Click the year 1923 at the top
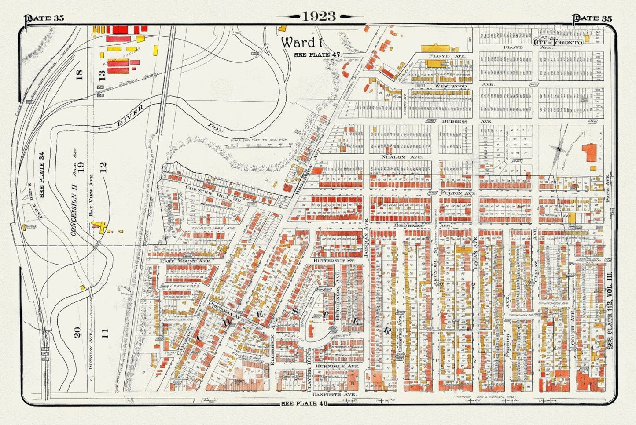pyautogui.click(x=319, y=16)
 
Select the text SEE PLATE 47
pyautogui.click(x=317, y=54)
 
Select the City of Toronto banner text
pyautogui.click(x=558, y=42)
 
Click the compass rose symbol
pyautogui.click(x=559, y=149)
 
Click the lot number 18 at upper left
pyautogui.click(x=80, y=75)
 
